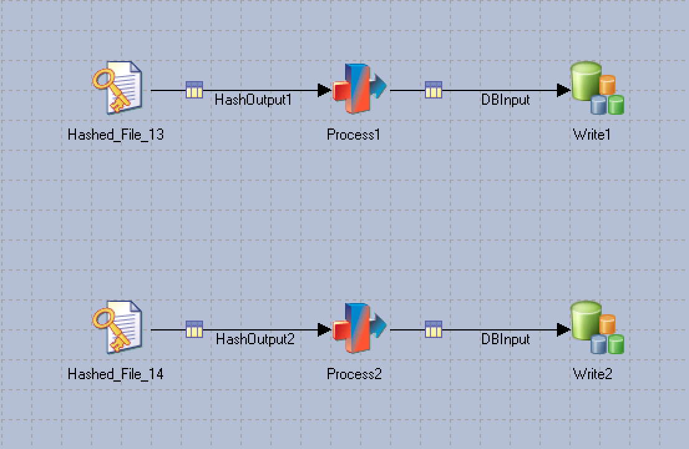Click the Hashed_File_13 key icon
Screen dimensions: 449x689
[x=118, y=88]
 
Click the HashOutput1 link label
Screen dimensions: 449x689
[x=253, y=100]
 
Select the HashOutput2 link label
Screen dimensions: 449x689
[x=255, y=339]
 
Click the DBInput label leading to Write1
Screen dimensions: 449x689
[x=505, y=100]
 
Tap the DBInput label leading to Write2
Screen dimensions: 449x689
[x=505, y=339]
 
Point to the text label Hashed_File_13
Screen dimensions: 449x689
[x=116, y=135]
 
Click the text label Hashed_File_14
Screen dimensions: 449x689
[x=116, y=374]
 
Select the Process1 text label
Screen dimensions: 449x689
[x=353, y=135]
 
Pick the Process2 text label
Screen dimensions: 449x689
[x=354, y=374]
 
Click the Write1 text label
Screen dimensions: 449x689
[x=592, y=135]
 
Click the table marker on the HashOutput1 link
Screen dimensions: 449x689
[x=194, y=90]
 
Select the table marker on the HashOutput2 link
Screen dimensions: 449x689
[x=194, y=329]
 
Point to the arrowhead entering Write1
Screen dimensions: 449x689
[x=564, y=90]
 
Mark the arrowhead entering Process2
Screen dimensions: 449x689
[x=324, y=330]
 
